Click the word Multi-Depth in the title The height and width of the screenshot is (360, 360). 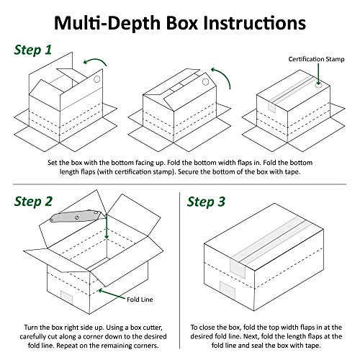107,23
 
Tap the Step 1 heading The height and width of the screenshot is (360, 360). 33,50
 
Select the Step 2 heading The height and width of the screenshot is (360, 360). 33,201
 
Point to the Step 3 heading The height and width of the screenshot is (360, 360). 206,201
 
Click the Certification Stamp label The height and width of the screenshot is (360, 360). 316,59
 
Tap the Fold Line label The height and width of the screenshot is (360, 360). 140,300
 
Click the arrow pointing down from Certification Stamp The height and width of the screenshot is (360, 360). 318,74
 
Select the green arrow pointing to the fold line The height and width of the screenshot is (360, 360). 112,294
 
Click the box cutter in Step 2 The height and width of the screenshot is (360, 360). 76,216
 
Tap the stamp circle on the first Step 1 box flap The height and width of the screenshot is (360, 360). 96,79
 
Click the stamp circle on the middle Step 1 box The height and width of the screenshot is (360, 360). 205,82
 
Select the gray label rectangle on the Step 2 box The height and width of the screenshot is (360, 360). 66,297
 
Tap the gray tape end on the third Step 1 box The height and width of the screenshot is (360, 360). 272,106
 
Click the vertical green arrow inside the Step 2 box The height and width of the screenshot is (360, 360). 107,227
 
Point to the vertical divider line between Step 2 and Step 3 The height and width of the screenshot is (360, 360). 179,270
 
